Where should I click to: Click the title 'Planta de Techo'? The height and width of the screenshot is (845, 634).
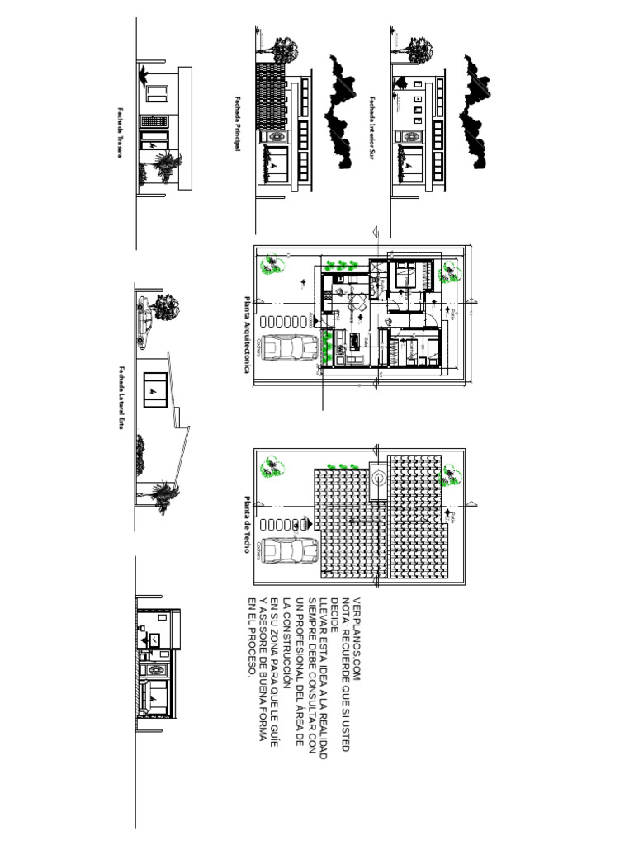pyautogui.click(x=246, y=525)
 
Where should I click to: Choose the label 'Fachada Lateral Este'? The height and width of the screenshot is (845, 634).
pyautogui.click(x=119, y=399)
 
